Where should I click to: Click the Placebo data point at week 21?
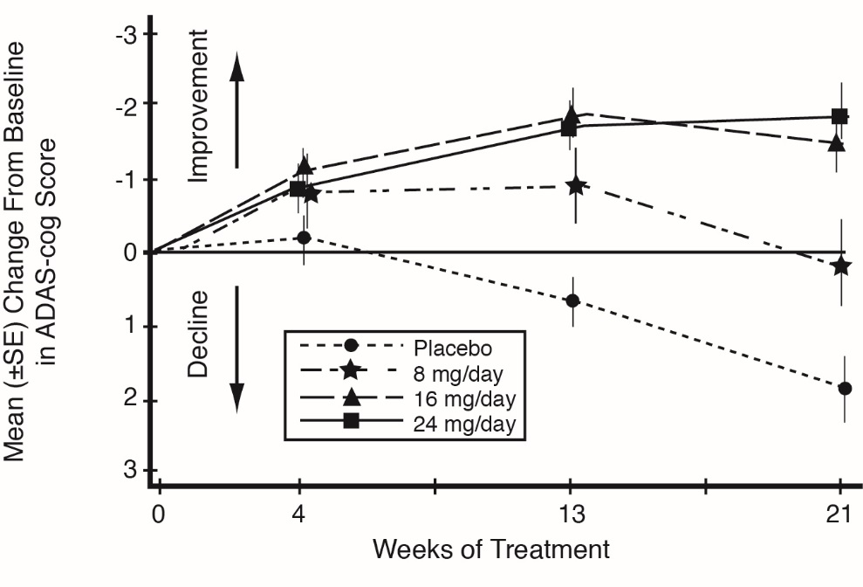[845, 389]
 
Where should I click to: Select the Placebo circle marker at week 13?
[572, 300]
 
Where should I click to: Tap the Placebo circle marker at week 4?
[304, 237]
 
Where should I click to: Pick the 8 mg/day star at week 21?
[841, 266]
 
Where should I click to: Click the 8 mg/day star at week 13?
[576, 185]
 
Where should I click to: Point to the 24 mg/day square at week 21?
[840, 116]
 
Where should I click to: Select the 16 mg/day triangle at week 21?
[837, 142]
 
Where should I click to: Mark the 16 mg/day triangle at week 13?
[572, 114]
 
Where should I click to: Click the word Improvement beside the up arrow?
[200, 106]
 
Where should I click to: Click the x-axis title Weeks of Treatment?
[490, 550]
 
